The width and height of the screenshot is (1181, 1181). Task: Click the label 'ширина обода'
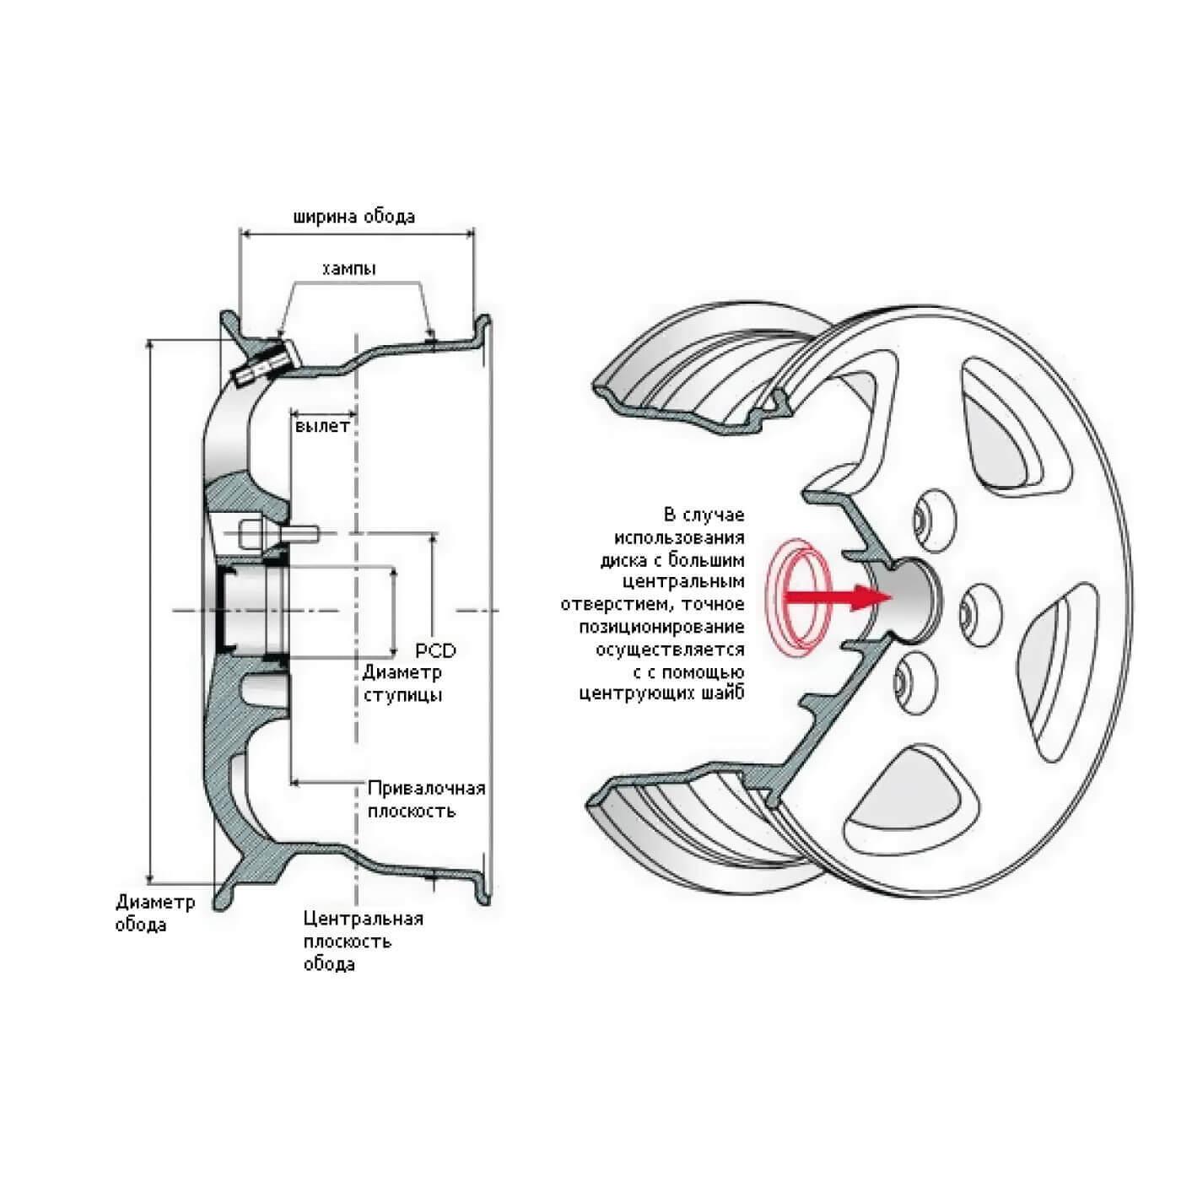pos(354,217)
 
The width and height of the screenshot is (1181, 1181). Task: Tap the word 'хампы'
pos(348,268)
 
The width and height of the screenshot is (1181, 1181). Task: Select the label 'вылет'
pos(322,426)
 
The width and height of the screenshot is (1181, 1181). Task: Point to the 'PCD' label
pos(436,650)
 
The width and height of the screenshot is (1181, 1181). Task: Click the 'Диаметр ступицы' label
pos(402,683)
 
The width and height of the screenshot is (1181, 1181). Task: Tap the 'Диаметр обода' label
pos(156,913)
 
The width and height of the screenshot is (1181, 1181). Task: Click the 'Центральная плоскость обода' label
pos(364,941)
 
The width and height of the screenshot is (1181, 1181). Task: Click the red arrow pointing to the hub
pos(837,597)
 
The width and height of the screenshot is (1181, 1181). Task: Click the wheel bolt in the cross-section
pos(278,534)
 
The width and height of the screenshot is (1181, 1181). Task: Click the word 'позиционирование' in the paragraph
pos(662,627)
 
